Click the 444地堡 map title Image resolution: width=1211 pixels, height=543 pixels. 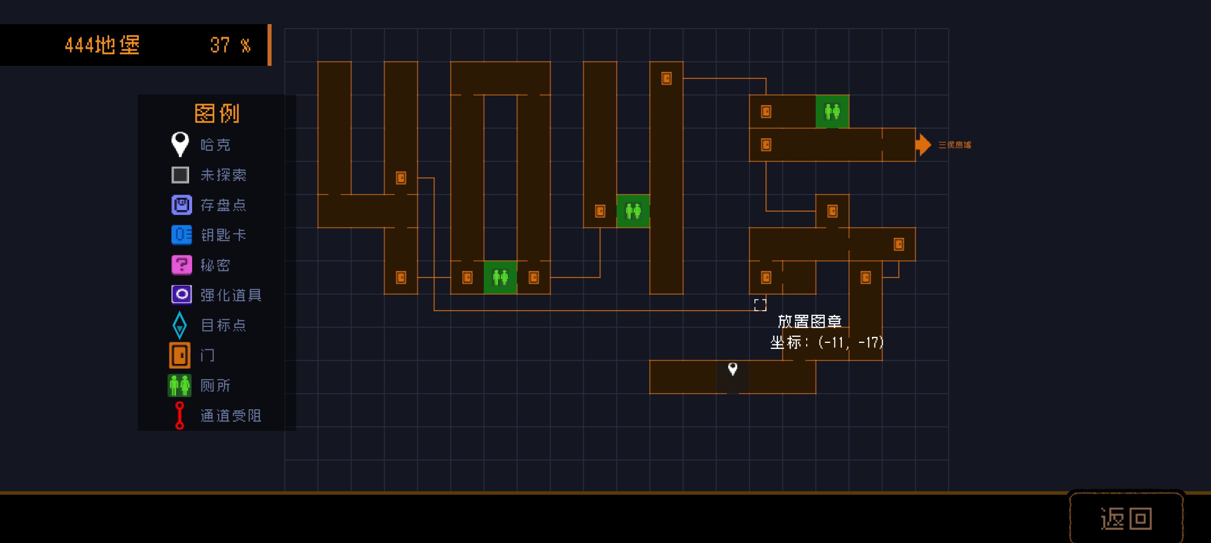click(x=102, y=45)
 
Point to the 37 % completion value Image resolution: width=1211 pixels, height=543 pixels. click(x=230, y=45)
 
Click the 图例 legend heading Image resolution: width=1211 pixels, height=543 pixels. click(x=217, y=113)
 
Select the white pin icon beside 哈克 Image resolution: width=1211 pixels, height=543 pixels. click(x=180, y=144)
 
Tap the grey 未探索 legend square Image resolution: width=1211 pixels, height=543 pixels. click(x=181, y=175)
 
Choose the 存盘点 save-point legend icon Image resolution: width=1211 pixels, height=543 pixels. click(x=182, y=205)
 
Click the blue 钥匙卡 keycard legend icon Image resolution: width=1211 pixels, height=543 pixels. click(x=182, y=235)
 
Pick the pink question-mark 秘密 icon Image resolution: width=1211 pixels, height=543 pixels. click(x=182, y=265)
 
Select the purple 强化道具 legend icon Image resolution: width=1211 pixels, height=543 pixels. click(x=182, y=295)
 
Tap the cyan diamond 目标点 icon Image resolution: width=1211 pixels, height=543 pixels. click(x=180, y=325)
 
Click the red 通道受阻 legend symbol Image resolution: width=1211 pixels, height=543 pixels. click(x=180, y=415)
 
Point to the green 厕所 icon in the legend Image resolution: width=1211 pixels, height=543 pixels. click(x=180, y=386)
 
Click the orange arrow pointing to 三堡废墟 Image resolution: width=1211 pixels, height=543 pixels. click(x=923, y=145)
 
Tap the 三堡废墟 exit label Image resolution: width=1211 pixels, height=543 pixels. click(x=955, y=145)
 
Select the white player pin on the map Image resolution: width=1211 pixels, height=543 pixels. click(x=733, y=369)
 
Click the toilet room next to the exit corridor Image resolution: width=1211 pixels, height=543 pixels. click(x=832, y=112)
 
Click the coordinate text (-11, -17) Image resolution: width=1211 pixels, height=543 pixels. click(x=851, y=343)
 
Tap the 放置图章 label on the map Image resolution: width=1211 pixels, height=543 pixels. click(x=810, y=321)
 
